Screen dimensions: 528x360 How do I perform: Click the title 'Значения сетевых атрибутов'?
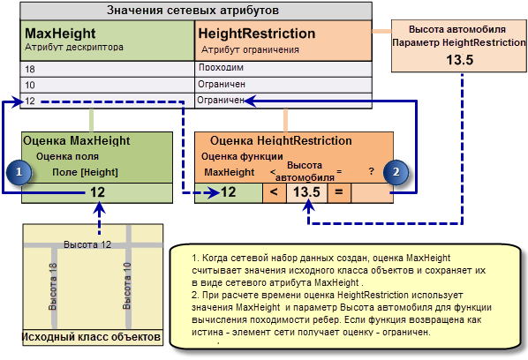(x=192, y=10)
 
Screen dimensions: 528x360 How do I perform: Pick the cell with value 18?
(x=108, y=70)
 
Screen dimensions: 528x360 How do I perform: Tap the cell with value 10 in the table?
(x=108, y=85)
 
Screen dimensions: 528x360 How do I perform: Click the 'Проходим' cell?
(x=221, y=68)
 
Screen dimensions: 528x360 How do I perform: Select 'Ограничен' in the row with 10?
(x=222, y=84)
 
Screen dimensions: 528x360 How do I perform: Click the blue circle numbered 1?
(x=19, y=172)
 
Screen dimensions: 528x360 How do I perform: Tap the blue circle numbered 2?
(x=396, y=172)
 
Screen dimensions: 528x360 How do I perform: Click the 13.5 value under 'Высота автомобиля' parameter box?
(x=460, y=60)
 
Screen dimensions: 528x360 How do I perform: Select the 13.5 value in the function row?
(x=306, y=192)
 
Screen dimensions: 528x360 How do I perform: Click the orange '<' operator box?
(x=274, y=192)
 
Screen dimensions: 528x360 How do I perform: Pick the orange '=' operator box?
(x=339, y=192)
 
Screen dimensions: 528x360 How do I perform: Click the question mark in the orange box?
(x=371, y=171)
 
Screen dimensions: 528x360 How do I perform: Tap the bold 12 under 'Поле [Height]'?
(x=98, y=192)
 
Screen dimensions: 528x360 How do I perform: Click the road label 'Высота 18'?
(x=53, y=287)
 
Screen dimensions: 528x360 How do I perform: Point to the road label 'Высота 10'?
(x=126, y=286)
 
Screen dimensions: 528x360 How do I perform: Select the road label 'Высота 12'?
(x=87, y=244)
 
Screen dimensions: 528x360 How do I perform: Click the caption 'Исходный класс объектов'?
(x=91, y=337)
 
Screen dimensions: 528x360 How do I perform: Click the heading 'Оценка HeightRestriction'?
(x=281, y=140)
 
